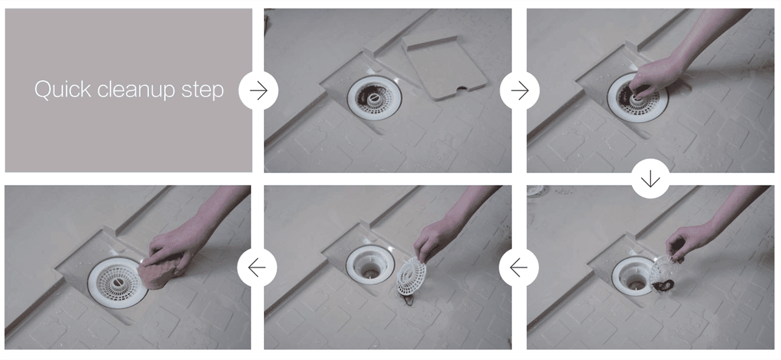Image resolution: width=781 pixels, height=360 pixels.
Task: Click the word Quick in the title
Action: pos(62,90)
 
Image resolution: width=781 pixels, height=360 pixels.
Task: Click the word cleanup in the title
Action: pos(136,90)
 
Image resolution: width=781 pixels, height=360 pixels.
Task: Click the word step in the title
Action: pos(202,90)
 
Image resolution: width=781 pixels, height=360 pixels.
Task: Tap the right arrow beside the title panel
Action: pos(258,90)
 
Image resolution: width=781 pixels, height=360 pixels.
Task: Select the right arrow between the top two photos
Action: pos(519,90)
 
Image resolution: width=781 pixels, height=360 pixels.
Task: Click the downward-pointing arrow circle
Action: pos(650,179)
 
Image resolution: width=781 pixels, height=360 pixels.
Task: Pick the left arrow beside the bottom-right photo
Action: pos(519,268)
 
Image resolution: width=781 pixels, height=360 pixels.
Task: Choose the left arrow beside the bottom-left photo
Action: pos(257,268)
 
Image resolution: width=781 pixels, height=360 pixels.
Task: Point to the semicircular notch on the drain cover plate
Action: pos(463,89)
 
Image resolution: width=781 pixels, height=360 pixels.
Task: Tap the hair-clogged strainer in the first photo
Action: pos(374,96)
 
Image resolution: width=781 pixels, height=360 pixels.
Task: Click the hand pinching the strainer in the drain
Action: pos(650,79)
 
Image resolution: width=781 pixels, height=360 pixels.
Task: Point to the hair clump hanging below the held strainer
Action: pos(663,286)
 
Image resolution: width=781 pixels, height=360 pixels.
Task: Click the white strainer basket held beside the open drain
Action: pos(411,274)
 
